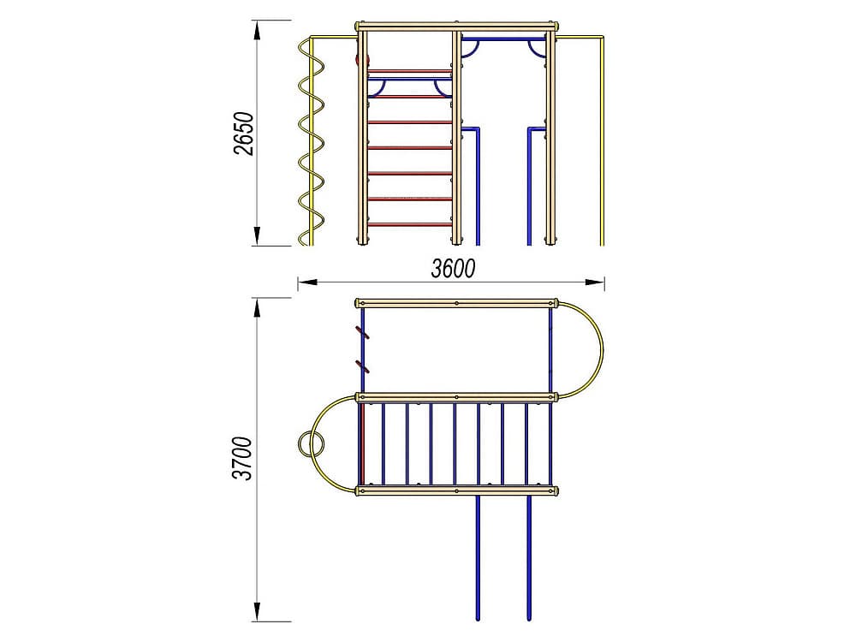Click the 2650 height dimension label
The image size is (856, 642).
click(x=243, y=134)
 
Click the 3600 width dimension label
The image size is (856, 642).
click(x=453, y=268)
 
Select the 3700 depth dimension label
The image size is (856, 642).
click(x=242, y=459)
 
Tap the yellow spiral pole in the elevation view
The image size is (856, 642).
click(x=312, y=143)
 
